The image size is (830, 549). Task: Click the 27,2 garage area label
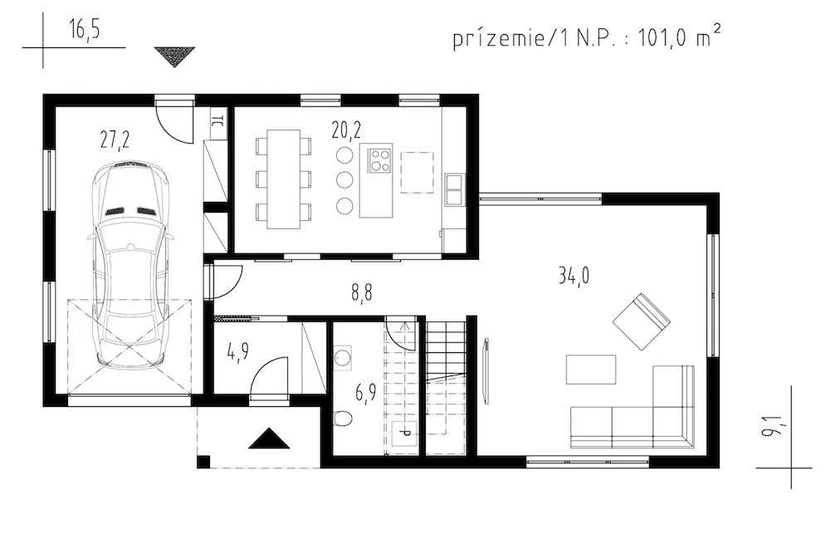(x=115, y=140)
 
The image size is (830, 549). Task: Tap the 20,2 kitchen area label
(x=347, y=130)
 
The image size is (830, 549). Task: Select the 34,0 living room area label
(x=574, y=276)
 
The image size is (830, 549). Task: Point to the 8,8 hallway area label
(x=362, y=293)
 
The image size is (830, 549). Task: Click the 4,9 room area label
(x=237, y=352)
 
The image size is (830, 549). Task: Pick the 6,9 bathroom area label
(x=365, y=395)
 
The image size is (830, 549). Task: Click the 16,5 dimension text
(x=84, y=30)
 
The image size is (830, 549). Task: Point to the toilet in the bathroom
(x=343, y=418)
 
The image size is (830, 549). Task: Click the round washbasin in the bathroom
(x=343, y=357)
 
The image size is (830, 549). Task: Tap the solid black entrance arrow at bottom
(x=270, y=439)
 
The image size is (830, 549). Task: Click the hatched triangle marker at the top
(x=174, y=56)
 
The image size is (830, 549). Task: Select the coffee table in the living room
(x=591, y=370)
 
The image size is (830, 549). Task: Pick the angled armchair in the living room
(x=642, y=321)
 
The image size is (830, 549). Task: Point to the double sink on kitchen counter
(x=454, y=189)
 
